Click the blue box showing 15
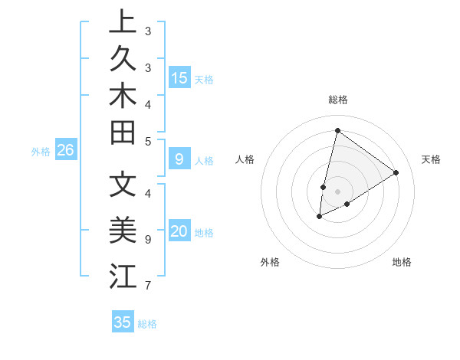179,77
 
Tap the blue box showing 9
179,159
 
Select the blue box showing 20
179,231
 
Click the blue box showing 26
65,150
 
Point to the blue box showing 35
123,322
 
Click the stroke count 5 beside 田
148,141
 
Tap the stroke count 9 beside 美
148,239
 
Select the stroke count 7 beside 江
148,286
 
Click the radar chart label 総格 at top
338,100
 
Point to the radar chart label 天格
431,159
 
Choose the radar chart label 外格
270,262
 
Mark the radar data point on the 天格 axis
396,172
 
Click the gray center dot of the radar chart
338,191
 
